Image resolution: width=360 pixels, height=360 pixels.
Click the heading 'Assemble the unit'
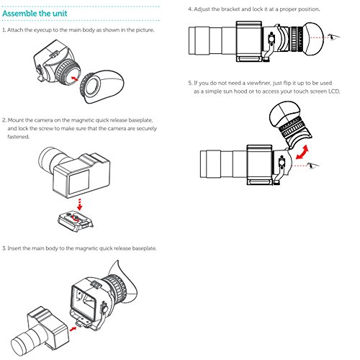35,14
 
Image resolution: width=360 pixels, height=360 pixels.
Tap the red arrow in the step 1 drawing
75,78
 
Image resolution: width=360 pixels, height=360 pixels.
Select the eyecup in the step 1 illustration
102,86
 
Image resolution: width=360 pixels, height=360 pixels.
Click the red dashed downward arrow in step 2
80,204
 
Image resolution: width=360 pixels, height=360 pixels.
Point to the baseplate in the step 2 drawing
76,221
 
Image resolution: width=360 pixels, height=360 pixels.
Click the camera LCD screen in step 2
79,181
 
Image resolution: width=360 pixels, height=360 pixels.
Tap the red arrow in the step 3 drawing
73,328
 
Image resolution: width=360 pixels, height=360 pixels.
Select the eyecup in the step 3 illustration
125,281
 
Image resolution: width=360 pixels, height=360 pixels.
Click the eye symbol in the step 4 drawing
334,37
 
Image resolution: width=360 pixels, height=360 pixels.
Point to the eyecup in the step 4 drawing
313,37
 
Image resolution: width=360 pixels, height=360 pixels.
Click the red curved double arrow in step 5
302,152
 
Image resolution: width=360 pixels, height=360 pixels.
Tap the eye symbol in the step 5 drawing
313,165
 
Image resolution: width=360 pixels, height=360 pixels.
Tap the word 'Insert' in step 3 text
14,248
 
